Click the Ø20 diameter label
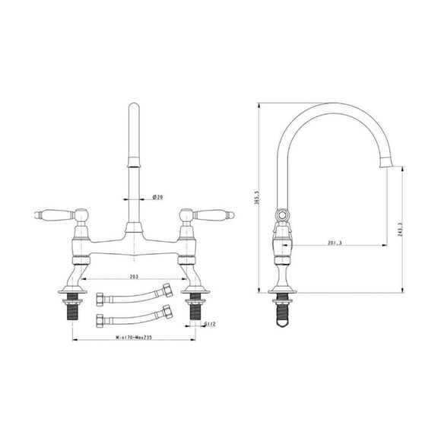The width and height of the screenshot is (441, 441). coord(158,197)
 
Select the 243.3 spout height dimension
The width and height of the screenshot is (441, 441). coord(401,229)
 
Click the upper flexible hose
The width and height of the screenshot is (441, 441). coord(134,293)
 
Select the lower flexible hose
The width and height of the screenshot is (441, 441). coord(134,315)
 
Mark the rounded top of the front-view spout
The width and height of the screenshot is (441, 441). coord(134,110)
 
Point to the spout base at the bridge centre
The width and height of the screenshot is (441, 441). coord(134,227)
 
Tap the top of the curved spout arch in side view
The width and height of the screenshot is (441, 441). coord(327,107)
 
